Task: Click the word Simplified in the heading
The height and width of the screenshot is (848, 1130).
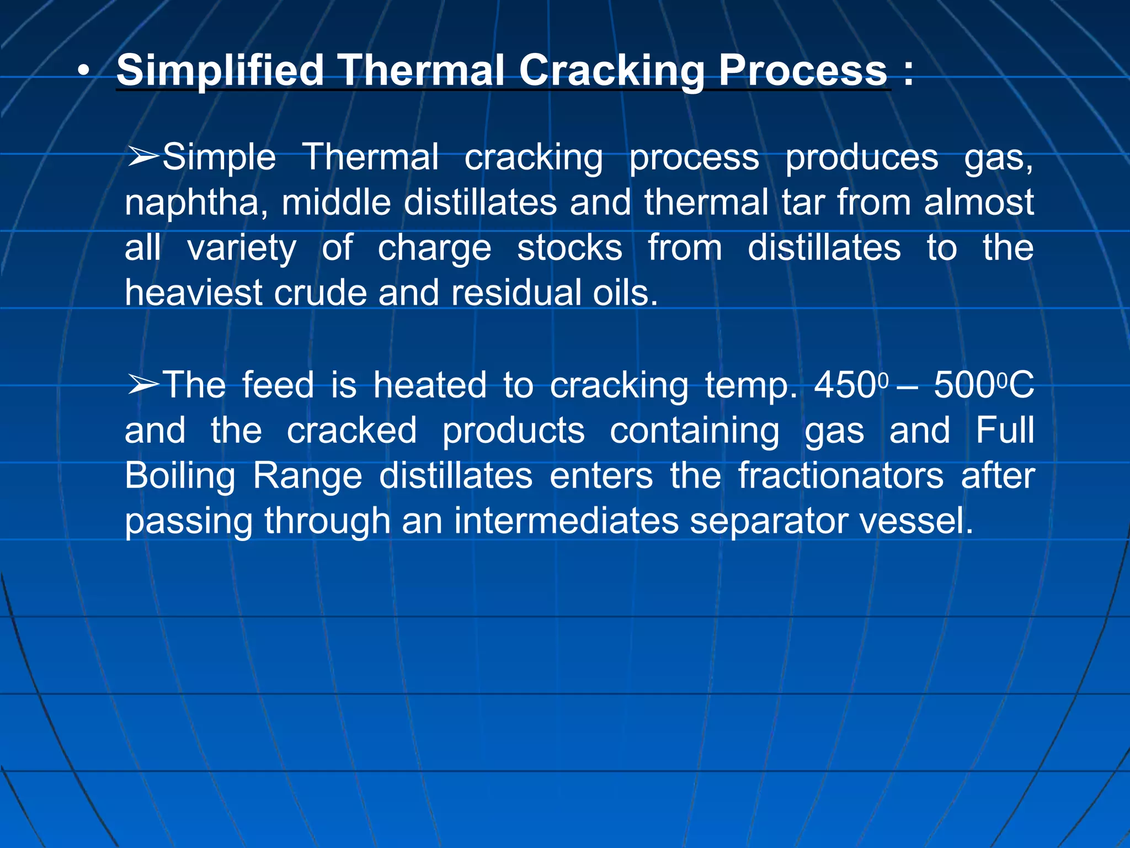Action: [x=220, y=71]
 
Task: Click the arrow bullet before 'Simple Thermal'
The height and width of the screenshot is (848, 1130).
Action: [x=142, y=157]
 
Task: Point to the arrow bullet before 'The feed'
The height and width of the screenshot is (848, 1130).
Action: [x=142, y=385]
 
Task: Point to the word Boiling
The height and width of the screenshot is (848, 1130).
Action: [x=180, y=476]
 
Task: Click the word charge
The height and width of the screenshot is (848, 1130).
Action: [x=434, y=248]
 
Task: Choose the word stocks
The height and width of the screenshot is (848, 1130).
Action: [x=569, y=248]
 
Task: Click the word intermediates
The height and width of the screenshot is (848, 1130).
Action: [x=566, y=521]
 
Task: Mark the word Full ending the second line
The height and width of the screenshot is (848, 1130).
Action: [x=1005, y=431]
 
